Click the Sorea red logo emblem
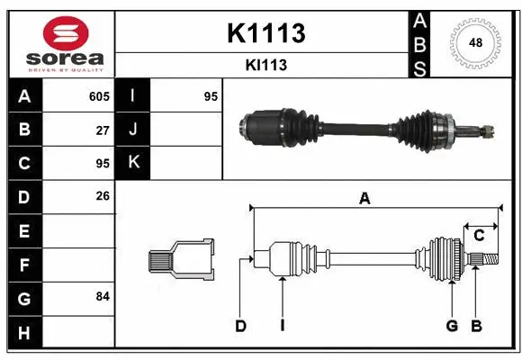[60, 33]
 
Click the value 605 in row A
[99, 96]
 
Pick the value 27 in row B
[103, 130]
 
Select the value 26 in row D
[103, 195]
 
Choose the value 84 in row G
[103, 295]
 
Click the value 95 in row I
[211, 96]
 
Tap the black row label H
[24, 333]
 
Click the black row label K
[134, 162]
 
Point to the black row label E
[24, 231]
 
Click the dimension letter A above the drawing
[364, 200]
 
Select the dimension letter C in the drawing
[479, 236]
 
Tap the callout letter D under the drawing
[240, 326]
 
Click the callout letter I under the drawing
[282, 326]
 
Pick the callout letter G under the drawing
[452, 326]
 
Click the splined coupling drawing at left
[181, 259]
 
